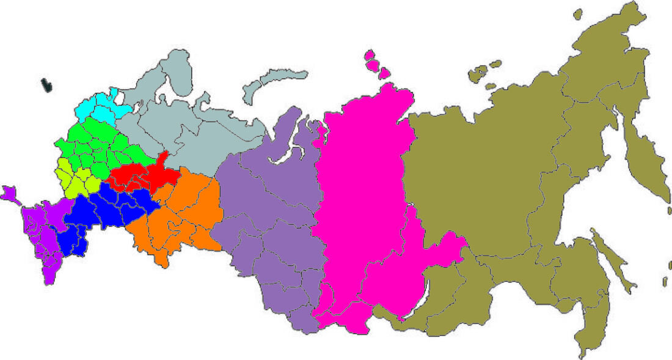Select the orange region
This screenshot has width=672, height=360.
coord(183,214)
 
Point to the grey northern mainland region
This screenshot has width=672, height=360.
coord(183,128)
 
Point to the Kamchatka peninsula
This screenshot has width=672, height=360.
coord(648,153)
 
